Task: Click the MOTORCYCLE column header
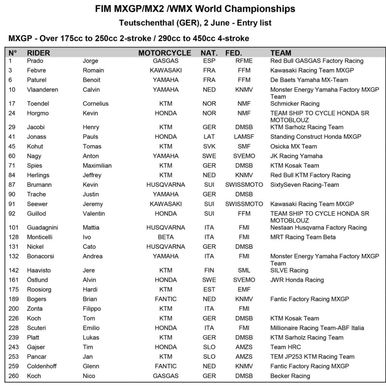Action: [165, 53]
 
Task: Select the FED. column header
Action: [234, 53]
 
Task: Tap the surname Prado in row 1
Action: [35, 61]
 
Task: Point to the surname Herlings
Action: [38, 175]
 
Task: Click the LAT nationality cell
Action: [209, 137]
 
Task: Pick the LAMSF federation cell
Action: [244, 137]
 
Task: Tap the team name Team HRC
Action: [285, 347]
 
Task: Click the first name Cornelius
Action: [96, 104]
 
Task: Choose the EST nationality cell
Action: [209, 289]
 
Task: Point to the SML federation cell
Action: [244, 270]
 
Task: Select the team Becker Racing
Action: [290, 376]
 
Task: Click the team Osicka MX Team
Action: [294, 146]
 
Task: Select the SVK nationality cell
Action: [209, 146]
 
